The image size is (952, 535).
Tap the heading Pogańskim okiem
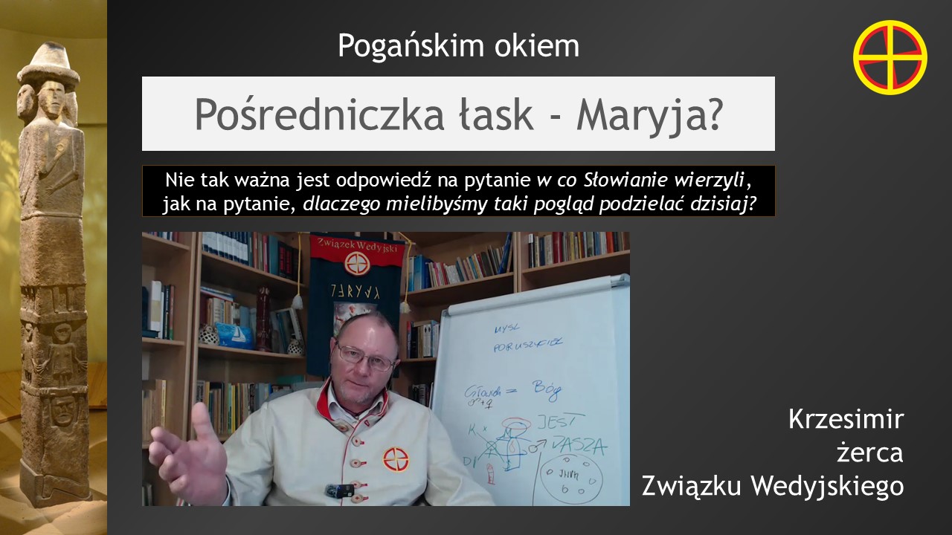coord(458,46)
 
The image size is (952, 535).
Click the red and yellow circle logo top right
coord(890,57)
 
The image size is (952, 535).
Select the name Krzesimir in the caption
coord(846,420)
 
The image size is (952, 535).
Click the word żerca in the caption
coord(869,453)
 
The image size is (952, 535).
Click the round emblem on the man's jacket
coord(395,458)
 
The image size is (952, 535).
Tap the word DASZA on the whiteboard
coord(579,447)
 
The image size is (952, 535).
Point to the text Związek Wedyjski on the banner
coord(356,244)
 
